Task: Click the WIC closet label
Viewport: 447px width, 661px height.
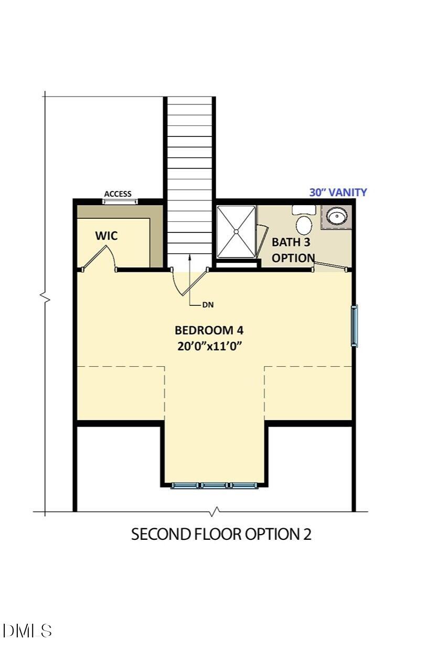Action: click(x=106, y=236)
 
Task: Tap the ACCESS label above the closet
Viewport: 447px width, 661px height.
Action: click(x=118, y=194)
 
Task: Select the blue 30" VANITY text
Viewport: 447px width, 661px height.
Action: click(x=338, y=193)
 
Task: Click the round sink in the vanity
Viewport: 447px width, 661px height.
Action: click(x=336, y=216)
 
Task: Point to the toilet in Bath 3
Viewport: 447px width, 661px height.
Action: click(x=304, y=221)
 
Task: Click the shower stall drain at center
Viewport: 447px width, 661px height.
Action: click(x=237, y=231)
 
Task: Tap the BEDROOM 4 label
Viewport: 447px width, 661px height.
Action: click(x=209, y=330)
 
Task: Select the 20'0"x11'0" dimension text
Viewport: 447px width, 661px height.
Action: click(x=209, y=346)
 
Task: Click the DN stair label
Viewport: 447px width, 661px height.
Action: click(x=208, y=304)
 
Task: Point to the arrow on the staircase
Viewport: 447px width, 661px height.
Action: click(x=189, y=257)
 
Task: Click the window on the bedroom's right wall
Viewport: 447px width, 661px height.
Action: click(x=354, y=326)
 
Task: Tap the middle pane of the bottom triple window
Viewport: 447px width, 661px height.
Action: click(x=215, y=486)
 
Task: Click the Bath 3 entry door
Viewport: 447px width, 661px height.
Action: click(x=329, y=266)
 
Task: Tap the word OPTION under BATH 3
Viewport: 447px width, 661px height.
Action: click(x=293, y=258)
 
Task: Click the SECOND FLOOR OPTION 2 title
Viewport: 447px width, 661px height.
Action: click(x=221, y=534)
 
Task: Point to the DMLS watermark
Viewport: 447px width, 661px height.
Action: click(x=27, y=630)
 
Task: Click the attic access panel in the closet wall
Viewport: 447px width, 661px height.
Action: click(x=120, y=201)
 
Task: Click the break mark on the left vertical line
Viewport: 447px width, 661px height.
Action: click(x=45, y=298)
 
